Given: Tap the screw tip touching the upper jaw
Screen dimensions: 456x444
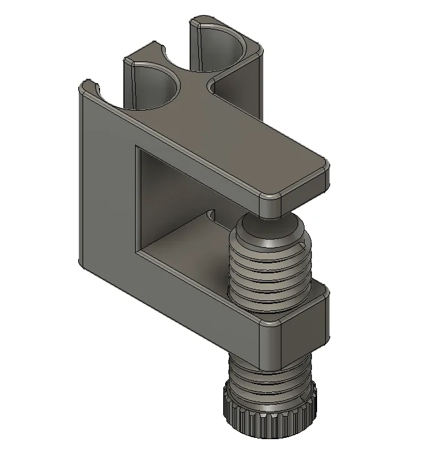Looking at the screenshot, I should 270,221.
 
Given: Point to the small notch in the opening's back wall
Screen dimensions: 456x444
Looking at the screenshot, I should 211,216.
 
